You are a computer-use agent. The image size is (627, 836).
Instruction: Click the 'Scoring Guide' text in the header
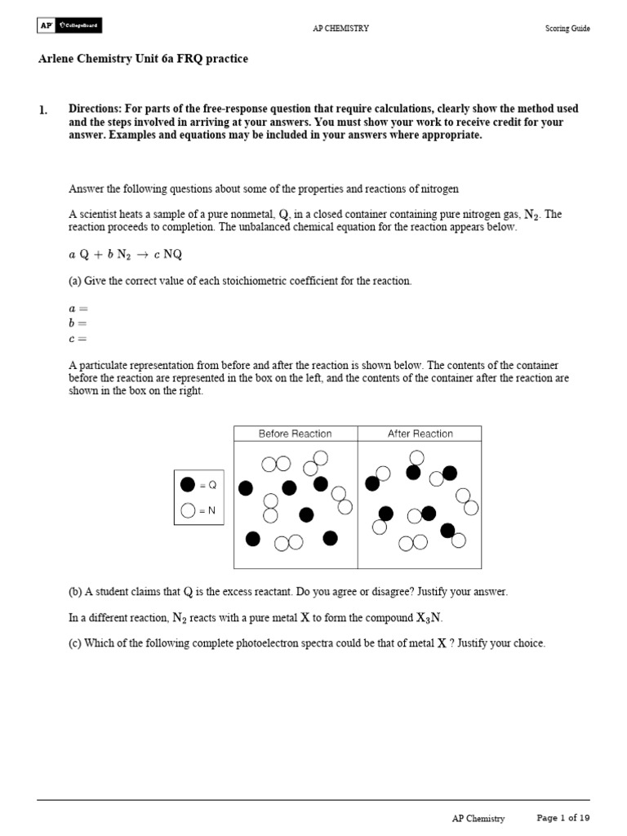[x=567, y=29]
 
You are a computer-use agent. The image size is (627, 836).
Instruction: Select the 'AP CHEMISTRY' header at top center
[x=340, y=29]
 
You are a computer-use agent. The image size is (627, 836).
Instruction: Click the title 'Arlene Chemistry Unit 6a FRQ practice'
[x=143, y=59]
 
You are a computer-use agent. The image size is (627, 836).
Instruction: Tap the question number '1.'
[x=43, y=110]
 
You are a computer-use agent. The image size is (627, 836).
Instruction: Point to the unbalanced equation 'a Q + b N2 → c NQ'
[x=125, y=254]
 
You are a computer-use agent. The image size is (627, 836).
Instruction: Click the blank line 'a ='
[x=77, y=309]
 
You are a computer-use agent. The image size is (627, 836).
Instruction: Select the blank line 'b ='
[x=77, y=324]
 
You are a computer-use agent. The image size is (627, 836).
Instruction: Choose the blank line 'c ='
[x=77, y=339]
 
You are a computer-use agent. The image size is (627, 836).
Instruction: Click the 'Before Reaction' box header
[x=296, y=434]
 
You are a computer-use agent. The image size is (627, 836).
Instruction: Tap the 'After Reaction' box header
[x=420, y=434]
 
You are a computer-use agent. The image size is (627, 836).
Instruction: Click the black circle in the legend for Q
[x=188, y=484]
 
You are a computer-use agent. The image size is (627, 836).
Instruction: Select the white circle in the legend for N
[x=188, y=511]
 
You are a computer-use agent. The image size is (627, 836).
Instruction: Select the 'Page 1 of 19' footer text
[x=563, y=817]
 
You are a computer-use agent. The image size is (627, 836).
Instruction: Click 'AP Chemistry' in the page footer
[x=478, y=818]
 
